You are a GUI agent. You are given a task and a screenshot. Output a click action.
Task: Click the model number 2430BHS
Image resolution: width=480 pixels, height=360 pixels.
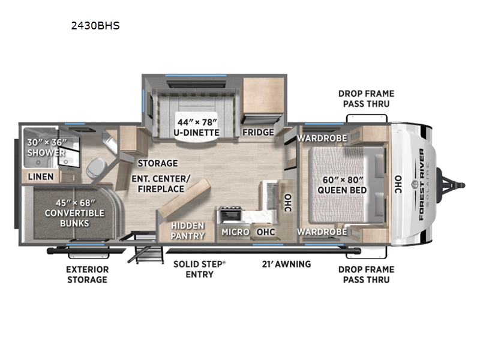tap(95, 26)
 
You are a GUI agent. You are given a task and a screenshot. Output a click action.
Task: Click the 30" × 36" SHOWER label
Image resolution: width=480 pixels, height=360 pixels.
tap(47, 147)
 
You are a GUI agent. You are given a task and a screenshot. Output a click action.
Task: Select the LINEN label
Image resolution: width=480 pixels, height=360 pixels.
tap(41, 176)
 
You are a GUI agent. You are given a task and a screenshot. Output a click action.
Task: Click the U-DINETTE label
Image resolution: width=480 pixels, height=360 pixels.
tap(197, 133)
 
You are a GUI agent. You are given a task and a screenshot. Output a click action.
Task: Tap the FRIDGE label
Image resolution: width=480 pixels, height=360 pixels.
tap(259, 132)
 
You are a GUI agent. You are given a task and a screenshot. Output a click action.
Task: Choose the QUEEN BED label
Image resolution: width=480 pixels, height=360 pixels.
tap(342, 190)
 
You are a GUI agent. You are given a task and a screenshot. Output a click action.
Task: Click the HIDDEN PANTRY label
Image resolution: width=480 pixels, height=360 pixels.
tap(188, 230)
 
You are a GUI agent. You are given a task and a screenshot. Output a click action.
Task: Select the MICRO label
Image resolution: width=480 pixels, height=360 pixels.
tap(235, 232)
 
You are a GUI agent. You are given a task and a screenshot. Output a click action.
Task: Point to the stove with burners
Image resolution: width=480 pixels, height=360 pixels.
tap(230, 215)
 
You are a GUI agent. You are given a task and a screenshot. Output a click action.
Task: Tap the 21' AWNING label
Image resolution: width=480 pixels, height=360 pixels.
tap(287, 264)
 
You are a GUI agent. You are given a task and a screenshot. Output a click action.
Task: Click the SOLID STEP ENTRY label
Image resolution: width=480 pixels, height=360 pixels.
tap(200, 269)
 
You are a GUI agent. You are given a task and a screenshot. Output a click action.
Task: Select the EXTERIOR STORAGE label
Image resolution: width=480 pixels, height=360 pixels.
tap(88, 275)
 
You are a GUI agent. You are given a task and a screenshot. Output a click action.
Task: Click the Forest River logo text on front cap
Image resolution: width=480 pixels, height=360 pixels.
tap(422, 184)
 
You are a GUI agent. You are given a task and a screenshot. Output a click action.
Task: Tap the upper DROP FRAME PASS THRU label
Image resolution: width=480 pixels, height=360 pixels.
tap(366, 98)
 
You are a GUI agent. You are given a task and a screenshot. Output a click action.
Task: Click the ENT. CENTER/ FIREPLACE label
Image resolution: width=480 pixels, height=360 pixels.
tap(161, 184)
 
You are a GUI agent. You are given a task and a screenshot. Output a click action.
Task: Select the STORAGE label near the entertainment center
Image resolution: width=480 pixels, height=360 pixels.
tap(158, 163)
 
